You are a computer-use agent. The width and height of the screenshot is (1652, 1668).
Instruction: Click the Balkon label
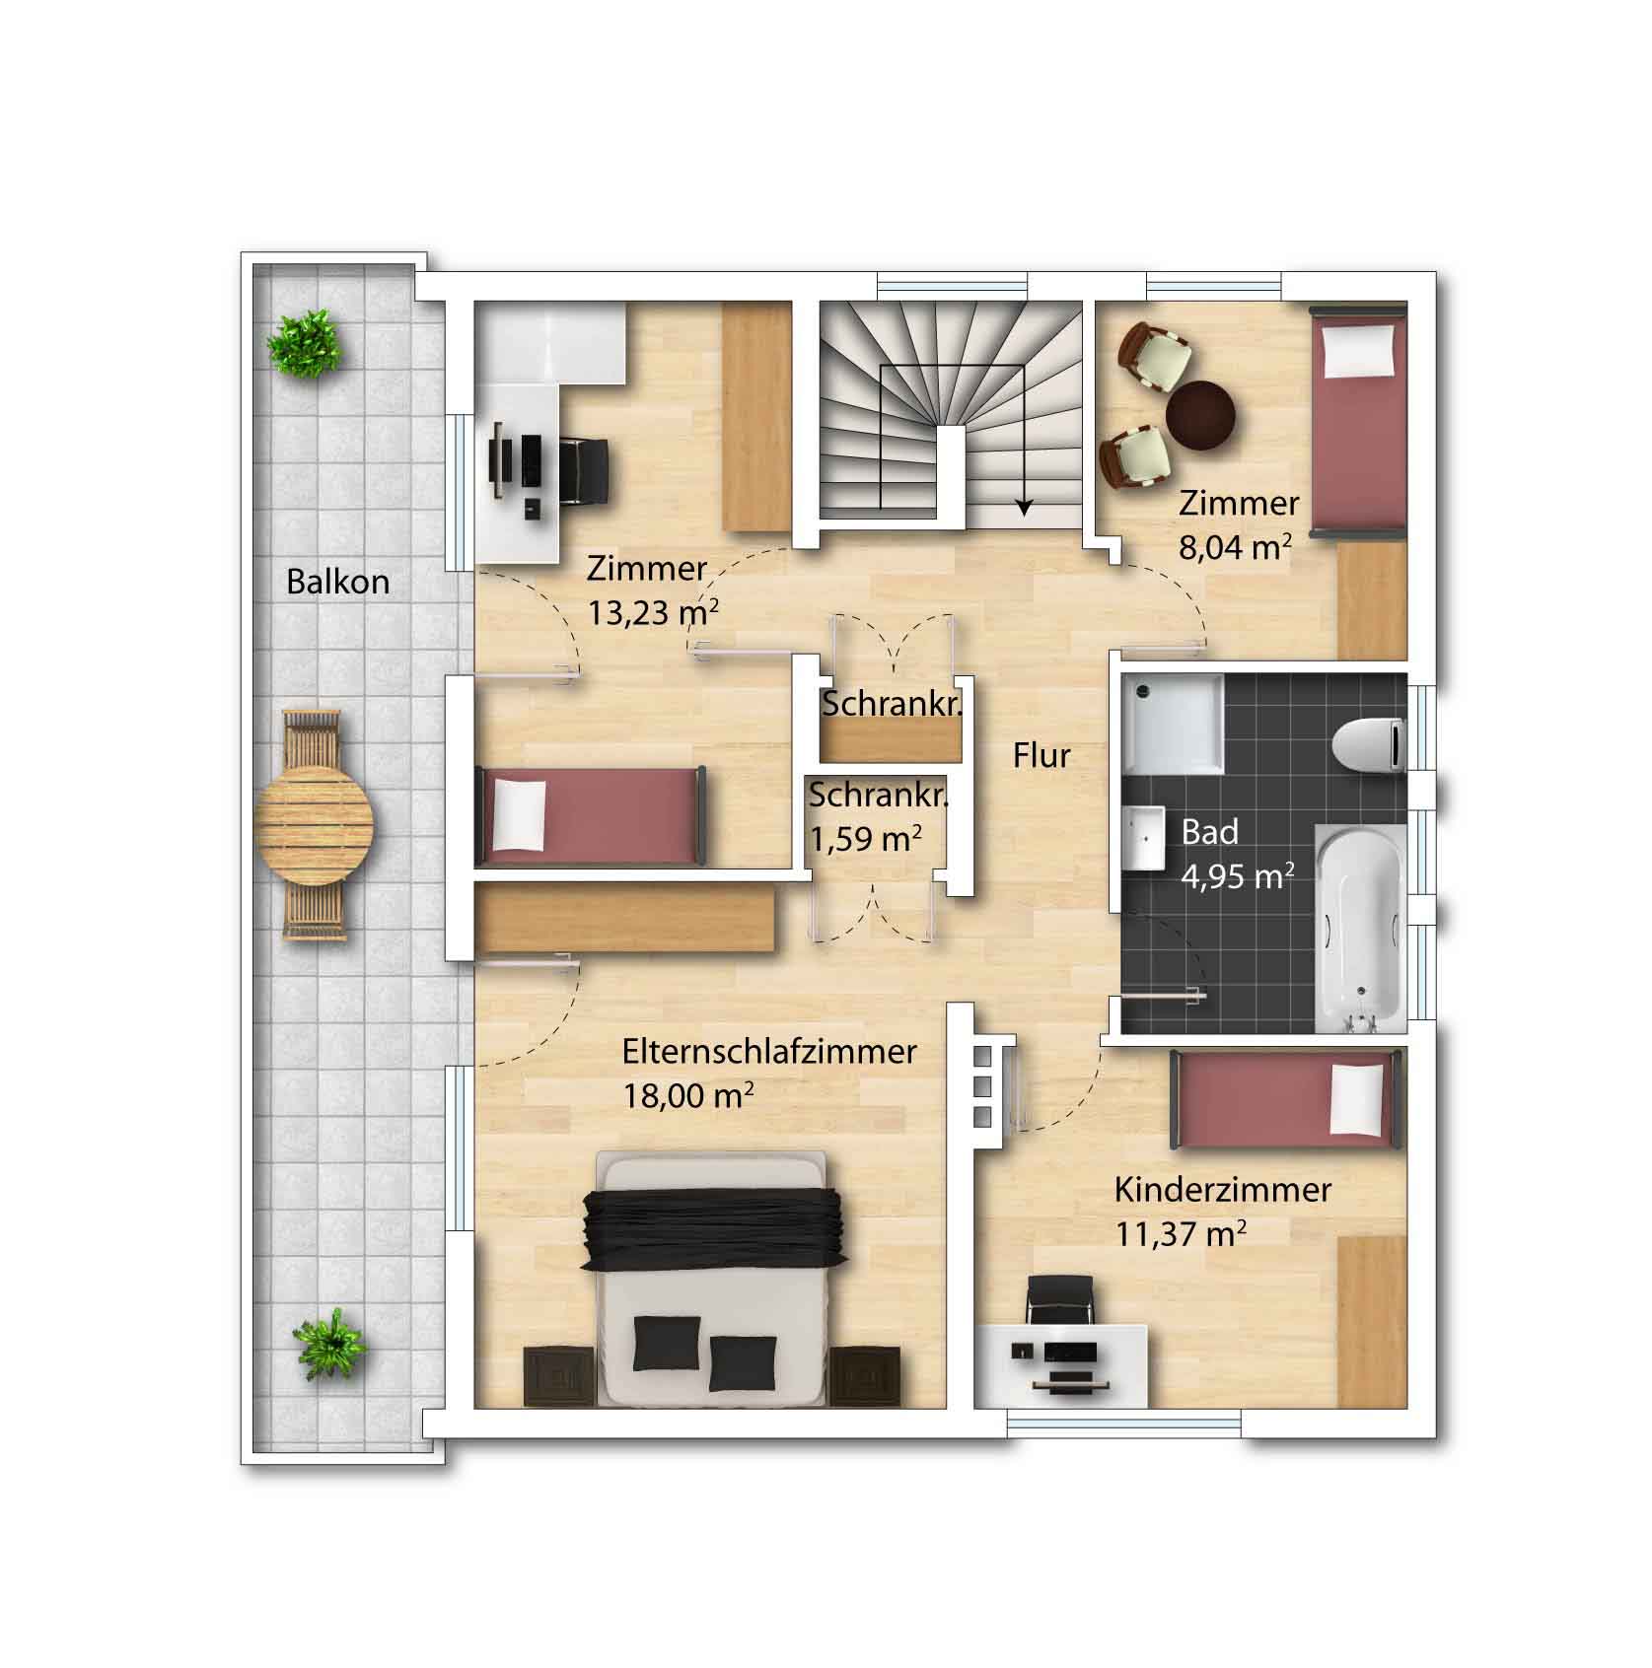coord(337,582)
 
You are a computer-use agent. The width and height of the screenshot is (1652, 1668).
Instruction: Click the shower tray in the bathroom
coord(1173,724)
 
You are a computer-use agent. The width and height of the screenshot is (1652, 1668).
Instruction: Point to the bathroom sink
coord(1145,839)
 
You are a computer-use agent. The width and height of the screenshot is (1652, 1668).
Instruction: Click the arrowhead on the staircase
coord(1025,508)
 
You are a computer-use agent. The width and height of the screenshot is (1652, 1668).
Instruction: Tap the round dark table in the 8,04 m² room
coord(1199,414)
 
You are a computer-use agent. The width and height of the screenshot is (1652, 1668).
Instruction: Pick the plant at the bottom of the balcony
coord(329,1343)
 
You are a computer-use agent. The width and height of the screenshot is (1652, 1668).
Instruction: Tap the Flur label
coord(1041,755)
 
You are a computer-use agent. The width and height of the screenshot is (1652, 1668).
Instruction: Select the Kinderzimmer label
coord(1223,1190)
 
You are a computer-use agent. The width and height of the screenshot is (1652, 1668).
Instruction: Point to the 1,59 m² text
coord(866,838)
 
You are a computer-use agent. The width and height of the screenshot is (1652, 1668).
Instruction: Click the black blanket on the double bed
coord(715,1227)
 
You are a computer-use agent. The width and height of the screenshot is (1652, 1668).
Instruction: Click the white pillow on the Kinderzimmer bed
coord(1359,1099)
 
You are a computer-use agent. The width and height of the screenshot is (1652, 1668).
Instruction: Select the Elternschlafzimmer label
coord(769,1052)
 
